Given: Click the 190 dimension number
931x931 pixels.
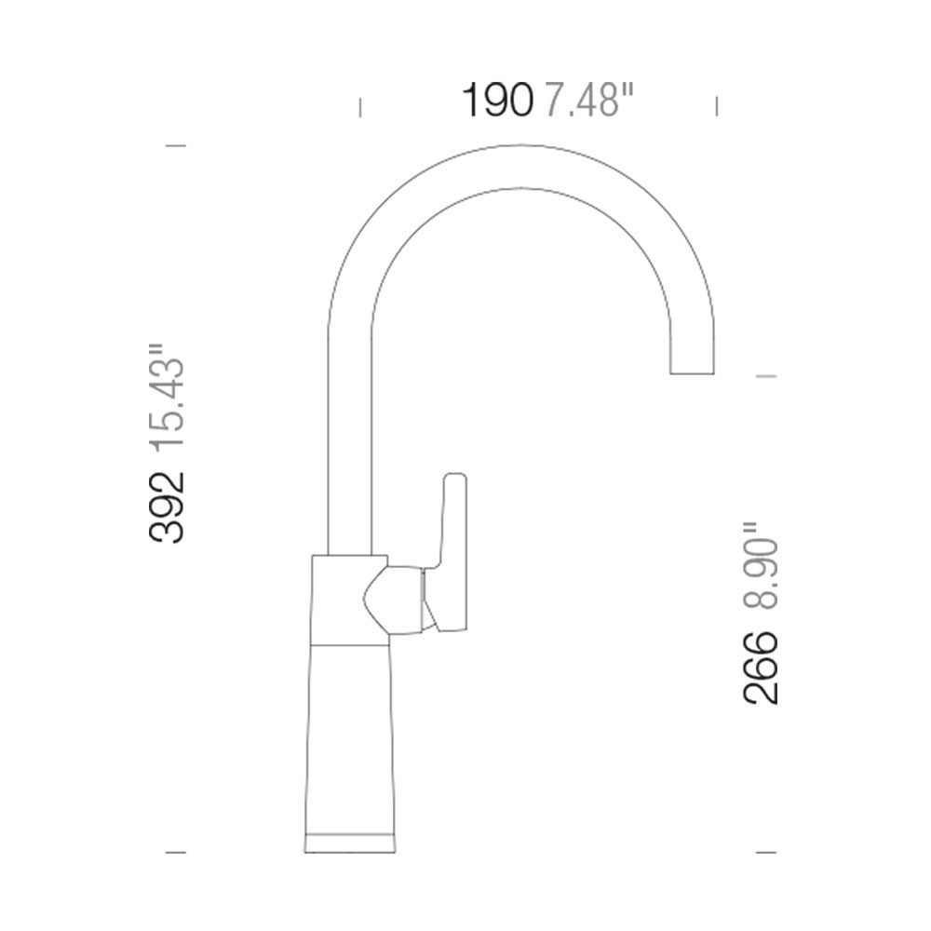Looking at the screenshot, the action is click(496, 101).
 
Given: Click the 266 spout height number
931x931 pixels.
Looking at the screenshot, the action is click(761, 668).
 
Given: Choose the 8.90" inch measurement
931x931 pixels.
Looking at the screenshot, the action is click(761, 566).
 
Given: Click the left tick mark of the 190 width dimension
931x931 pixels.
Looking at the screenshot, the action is click(359, 107).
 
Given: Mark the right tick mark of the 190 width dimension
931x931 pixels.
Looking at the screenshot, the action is click(717, 106).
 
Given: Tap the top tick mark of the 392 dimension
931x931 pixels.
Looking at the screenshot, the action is click(175, 145).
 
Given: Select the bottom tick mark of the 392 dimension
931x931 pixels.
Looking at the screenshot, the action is click(175, 853).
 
